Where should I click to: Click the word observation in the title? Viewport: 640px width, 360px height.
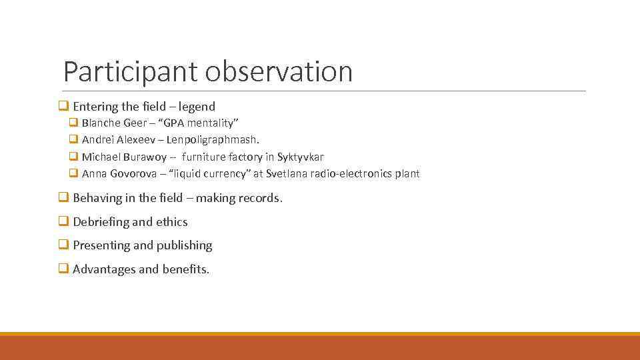(x=279, y=72)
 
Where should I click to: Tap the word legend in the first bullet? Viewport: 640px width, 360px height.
(x=197, y=107)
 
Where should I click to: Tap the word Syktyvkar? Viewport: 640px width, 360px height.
(x=300, y=157)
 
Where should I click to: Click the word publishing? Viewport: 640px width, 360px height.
(x=184, y=245)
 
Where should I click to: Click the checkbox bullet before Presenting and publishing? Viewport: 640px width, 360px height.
(x=63, y=245)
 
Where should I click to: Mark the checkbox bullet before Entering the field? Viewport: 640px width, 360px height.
(x=63, y=107)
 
